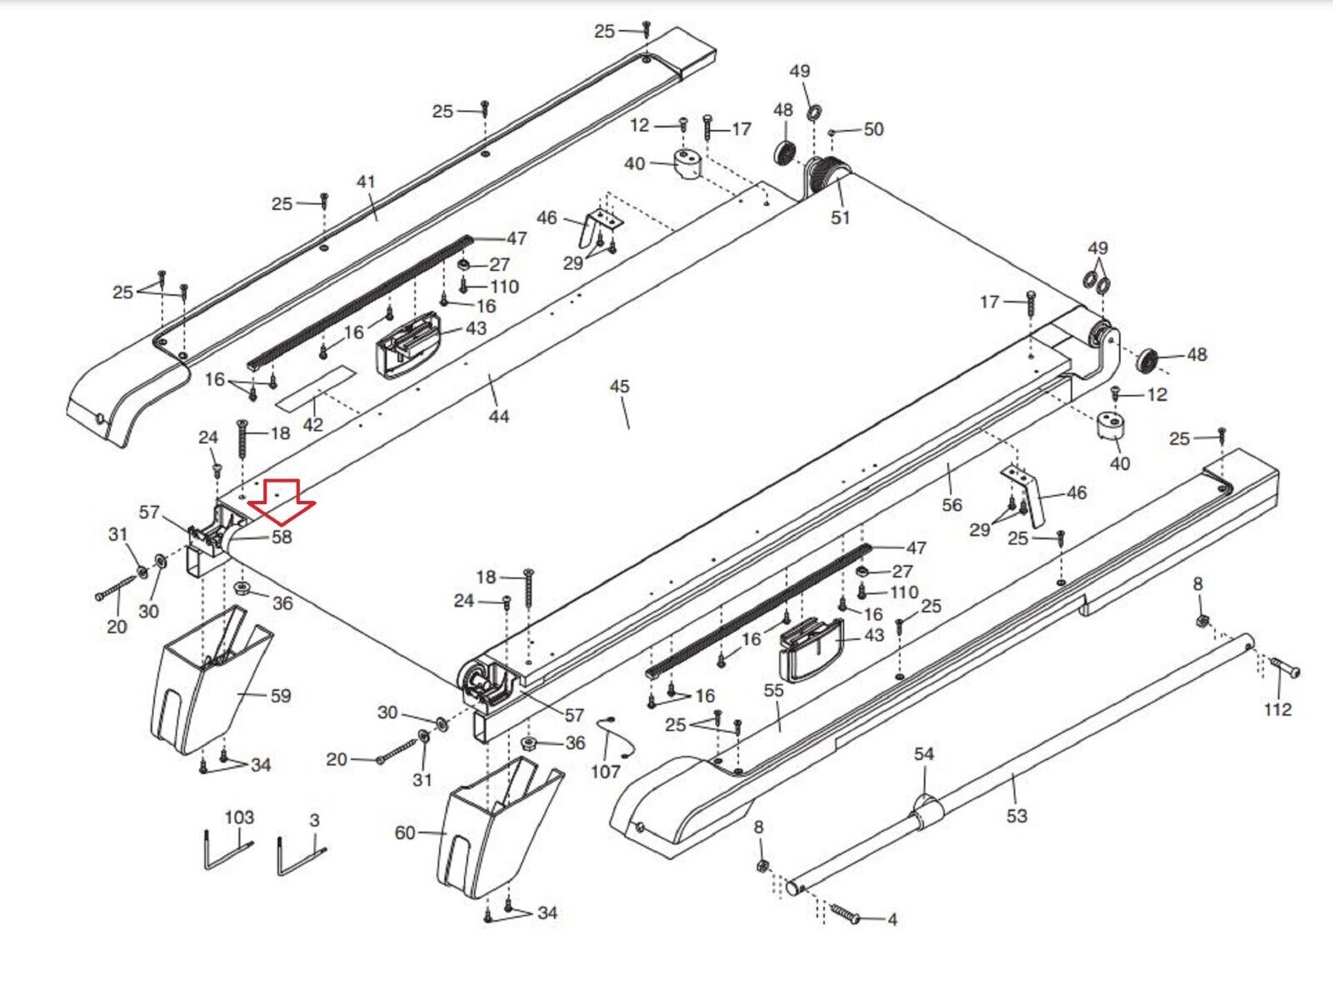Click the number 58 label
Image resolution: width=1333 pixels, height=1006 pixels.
coord(281,537)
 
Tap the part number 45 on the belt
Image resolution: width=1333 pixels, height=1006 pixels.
coord(620,387)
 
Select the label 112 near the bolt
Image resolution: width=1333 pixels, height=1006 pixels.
coord(1277,709)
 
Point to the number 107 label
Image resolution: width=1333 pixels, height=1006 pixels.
coord(606,772)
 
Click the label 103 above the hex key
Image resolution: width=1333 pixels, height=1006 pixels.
coord(239,817)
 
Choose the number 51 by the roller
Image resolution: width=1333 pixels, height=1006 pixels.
coord(841,218)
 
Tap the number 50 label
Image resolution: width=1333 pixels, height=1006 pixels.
coord(873,129)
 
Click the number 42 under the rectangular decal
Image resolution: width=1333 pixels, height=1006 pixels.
coord(312,424)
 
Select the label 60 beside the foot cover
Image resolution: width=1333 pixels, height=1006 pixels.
coord(405,833)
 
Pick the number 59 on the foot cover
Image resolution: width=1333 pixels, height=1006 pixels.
coord(281,696)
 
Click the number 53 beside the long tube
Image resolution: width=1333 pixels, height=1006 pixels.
coord(1016,816)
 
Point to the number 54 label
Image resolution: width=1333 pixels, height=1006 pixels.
coord(924,754)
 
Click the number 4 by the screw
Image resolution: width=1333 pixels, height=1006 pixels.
coord(892,920)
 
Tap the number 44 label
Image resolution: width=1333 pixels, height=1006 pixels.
coord(498,416)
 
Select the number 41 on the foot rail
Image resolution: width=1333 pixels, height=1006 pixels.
coord(366,182)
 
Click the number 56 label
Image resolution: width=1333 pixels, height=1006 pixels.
coord(951,504)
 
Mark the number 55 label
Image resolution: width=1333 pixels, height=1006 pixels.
coord(774,690)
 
